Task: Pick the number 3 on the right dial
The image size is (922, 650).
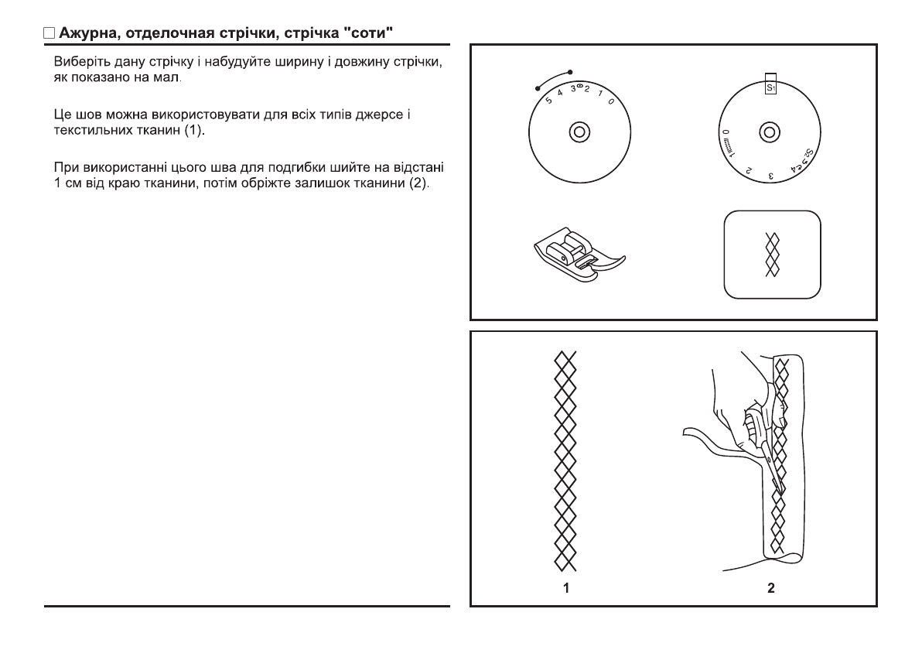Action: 771,176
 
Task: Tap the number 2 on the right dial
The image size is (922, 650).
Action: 748,168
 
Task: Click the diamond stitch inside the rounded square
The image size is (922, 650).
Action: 771,255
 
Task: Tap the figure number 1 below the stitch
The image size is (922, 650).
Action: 566,589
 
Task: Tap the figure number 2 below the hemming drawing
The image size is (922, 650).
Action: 770,589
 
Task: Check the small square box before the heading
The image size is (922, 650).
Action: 49,34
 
